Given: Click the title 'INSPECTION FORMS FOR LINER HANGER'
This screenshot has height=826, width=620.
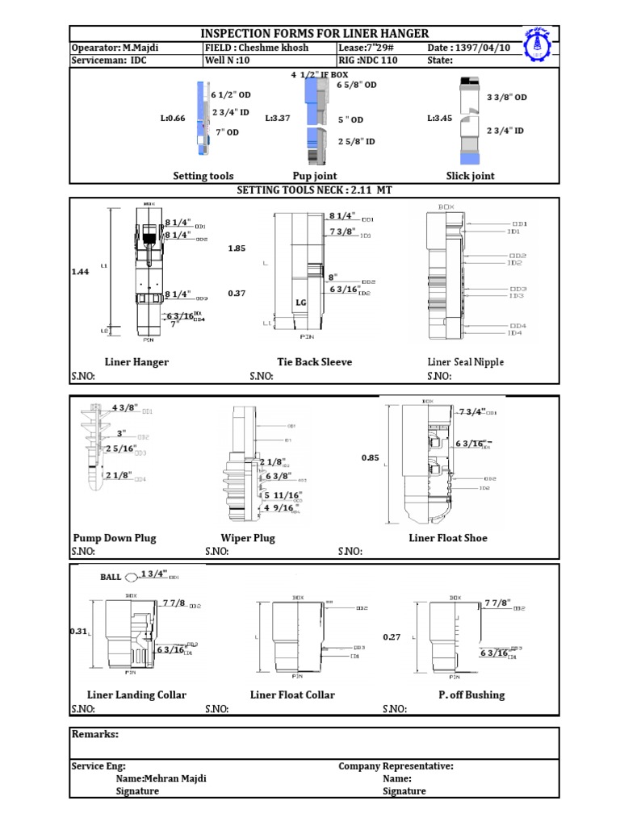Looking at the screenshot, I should tap(314, 32).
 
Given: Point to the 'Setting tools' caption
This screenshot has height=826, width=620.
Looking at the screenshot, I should tap(203, 176).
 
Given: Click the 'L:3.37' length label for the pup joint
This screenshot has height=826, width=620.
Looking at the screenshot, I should tap(278, 119).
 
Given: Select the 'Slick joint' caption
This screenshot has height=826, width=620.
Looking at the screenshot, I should tap(470, 176).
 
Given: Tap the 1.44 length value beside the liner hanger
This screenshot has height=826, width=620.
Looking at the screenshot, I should tap(80, 273).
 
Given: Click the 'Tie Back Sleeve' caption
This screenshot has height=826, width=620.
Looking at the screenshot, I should tap(314, 362).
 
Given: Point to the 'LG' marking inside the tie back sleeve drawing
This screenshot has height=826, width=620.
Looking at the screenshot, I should tap(300, 302).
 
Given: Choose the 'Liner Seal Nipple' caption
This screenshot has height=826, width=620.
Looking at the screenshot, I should tap(465, 362).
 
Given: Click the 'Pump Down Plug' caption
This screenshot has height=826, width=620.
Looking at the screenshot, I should tap(115, 538).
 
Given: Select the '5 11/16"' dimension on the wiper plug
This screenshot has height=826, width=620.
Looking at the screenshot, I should tap(283, 494).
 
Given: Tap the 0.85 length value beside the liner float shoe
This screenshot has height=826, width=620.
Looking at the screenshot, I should tap(370, 457).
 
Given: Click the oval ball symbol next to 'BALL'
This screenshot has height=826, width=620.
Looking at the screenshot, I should tap(132, 576).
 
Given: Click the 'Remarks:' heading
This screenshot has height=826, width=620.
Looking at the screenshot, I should tap(95, 734).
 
